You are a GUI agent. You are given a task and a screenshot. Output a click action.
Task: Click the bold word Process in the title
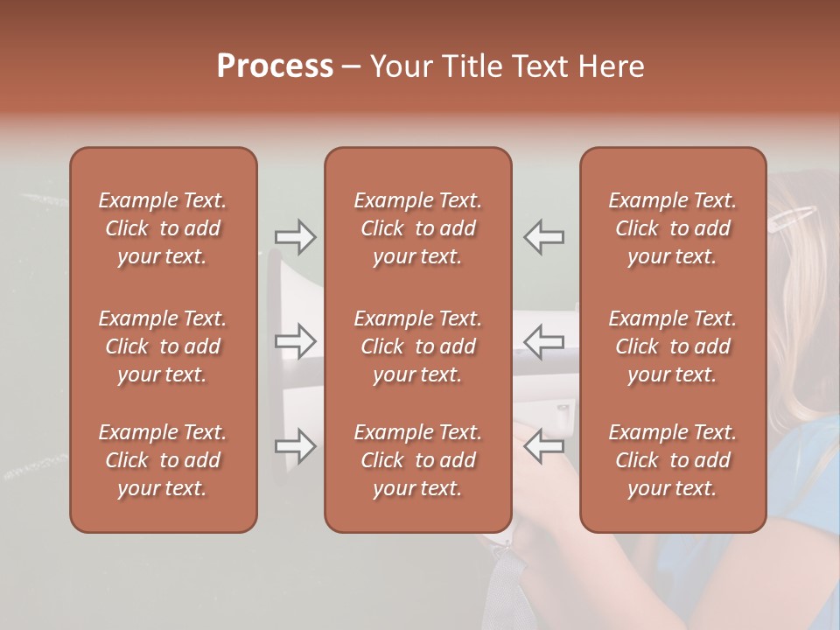point(275,66)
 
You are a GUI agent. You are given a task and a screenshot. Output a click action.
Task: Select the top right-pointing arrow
point(295,237)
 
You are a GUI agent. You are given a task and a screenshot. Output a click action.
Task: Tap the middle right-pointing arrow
point(295,341)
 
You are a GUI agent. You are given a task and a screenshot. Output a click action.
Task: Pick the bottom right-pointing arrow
point(295,446)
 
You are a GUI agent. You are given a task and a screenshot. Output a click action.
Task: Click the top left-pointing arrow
point(544,237)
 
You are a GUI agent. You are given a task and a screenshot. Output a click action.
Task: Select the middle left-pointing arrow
point(544,341)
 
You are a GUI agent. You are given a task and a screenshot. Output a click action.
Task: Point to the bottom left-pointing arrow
point(544,446)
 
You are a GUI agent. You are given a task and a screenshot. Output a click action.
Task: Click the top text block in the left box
point(163,228)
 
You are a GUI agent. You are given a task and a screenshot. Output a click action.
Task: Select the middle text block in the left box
point(163,346)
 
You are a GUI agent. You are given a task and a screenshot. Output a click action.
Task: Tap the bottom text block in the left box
point(163,460)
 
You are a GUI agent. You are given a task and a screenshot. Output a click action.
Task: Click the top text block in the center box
point(417,228)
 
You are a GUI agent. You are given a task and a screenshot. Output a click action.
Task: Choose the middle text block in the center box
point(417,346)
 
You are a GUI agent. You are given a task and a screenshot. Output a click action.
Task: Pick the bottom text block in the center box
point(417,460)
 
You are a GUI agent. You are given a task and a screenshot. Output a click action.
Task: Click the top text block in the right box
point(672,228)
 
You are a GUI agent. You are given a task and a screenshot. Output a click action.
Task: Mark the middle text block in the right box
point(672,346)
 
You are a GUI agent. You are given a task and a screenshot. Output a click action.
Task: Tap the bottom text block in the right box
point(672,460)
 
